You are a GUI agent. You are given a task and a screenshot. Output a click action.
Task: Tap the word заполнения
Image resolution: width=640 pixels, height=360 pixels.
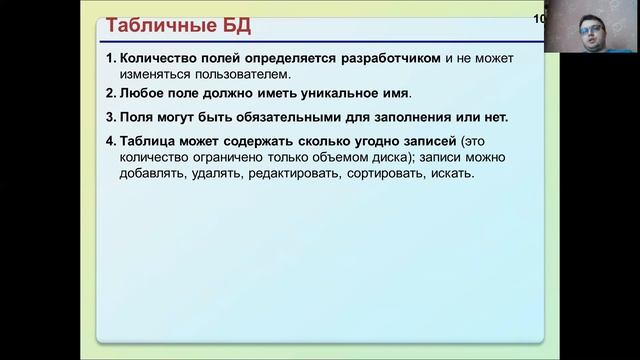(x=380, y=117)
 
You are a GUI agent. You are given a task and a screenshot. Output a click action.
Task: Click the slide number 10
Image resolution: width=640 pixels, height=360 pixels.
(x=539, y=19)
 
